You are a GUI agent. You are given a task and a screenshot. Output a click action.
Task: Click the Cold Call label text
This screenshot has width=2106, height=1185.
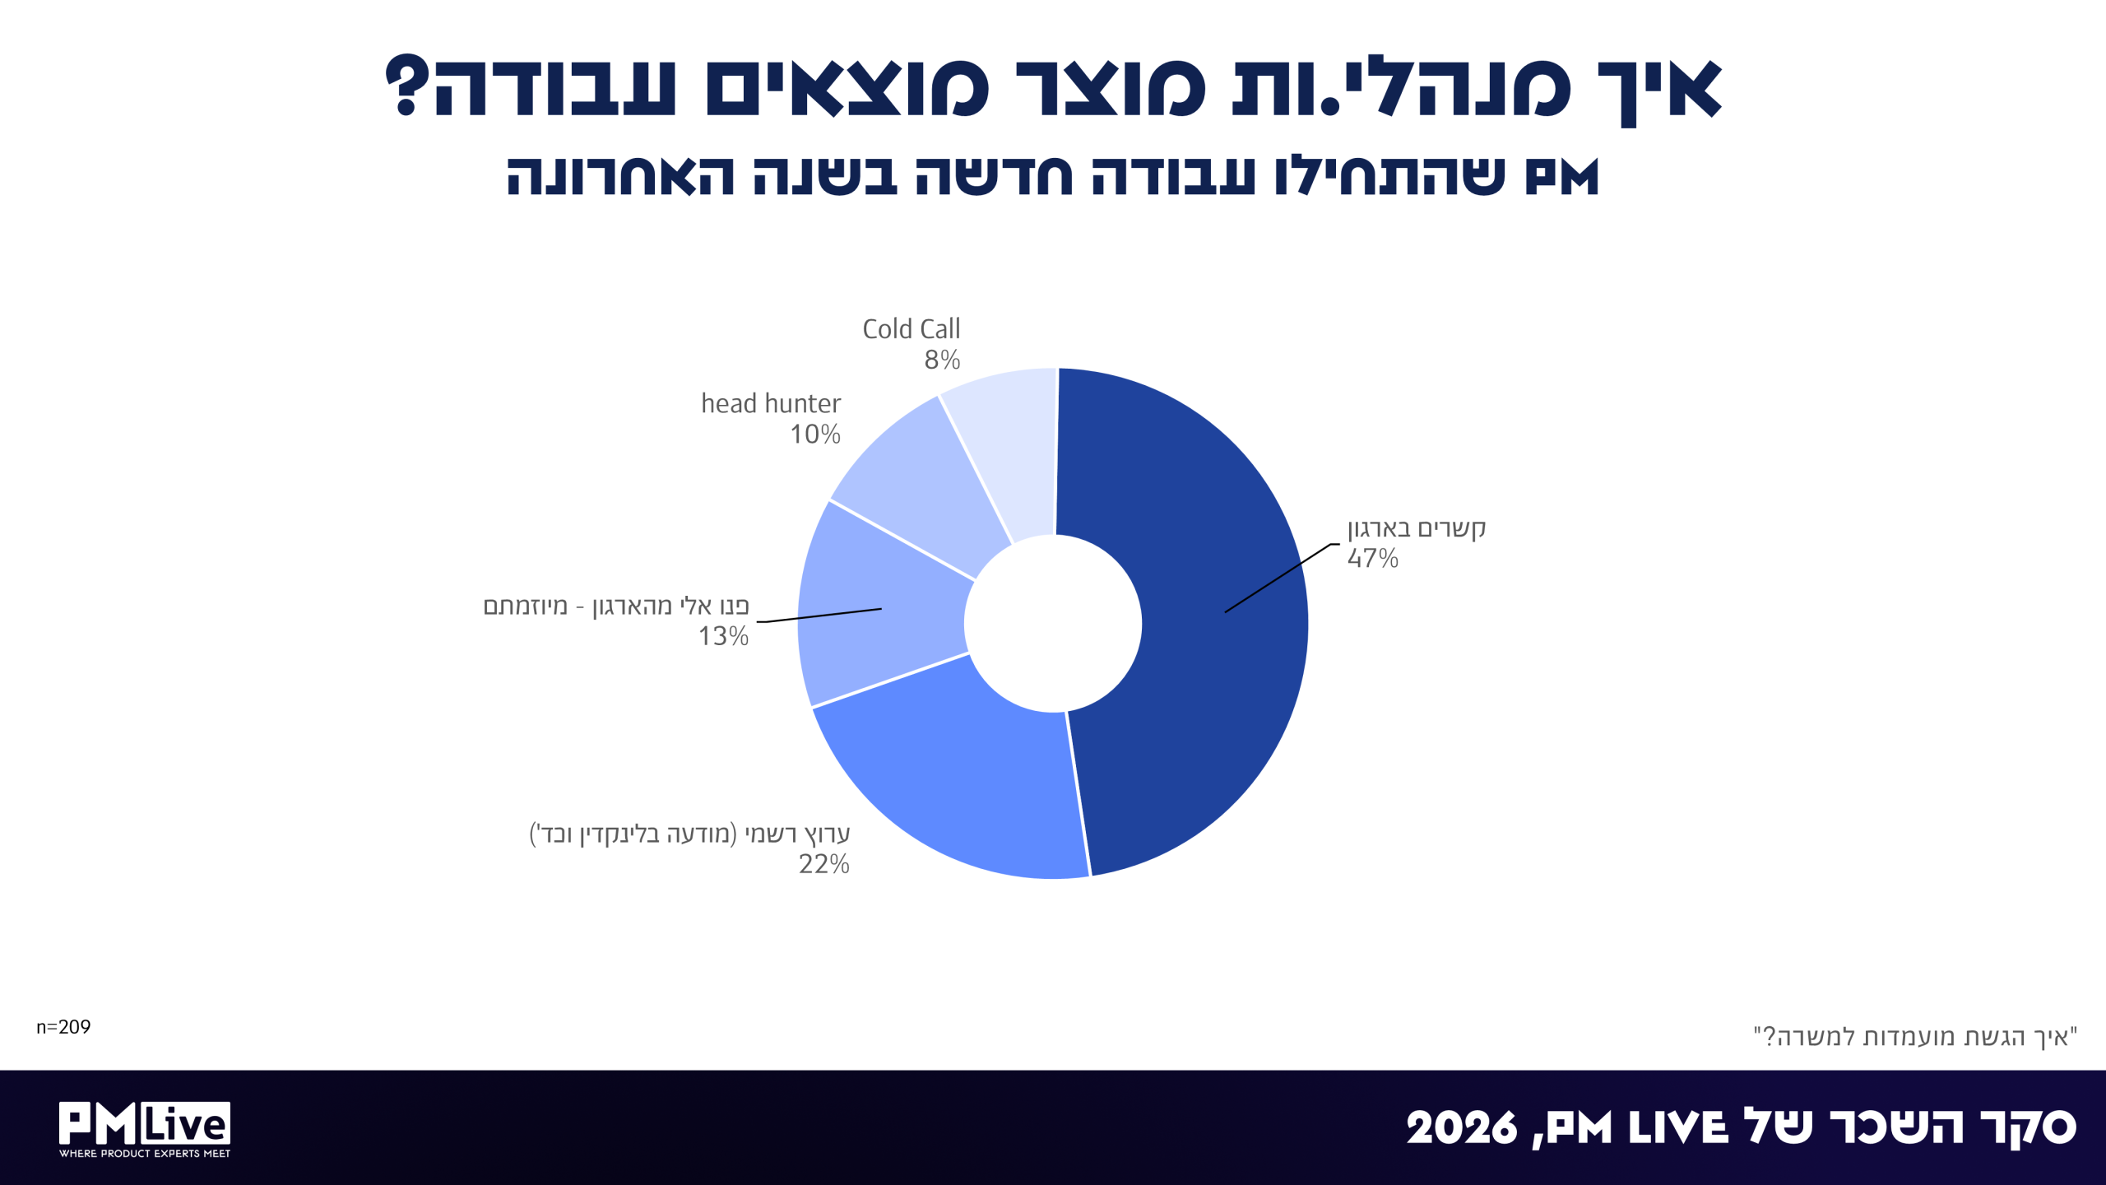tap(912, 329)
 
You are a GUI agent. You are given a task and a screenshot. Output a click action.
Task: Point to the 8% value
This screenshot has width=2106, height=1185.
tap(942, 360)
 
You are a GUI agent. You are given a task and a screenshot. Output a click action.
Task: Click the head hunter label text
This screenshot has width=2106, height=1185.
tap(771, 403)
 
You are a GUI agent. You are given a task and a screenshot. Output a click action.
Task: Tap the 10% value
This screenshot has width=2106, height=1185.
tap(815, 434)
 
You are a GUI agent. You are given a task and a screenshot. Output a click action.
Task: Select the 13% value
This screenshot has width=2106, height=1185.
tap(723, 636)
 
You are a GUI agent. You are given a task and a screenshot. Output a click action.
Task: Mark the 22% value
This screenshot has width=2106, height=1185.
tap(824, 864)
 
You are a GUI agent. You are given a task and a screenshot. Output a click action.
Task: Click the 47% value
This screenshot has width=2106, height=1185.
tap(1373, 558)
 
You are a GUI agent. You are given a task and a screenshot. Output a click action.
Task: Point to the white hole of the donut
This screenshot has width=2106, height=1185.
tap(1053, 624)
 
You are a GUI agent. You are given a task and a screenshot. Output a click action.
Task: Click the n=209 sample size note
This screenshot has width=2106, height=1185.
tap(63, 1027)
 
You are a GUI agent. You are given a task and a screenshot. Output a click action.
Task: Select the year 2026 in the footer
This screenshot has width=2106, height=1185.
tap(1462, 1127)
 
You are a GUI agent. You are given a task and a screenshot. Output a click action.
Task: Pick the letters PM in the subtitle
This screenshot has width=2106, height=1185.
tap(1561, 176)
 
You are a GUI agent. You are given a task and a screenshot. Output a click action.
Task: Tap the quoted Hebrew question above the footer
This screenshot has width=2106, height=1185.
tap(1915, 1036)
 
